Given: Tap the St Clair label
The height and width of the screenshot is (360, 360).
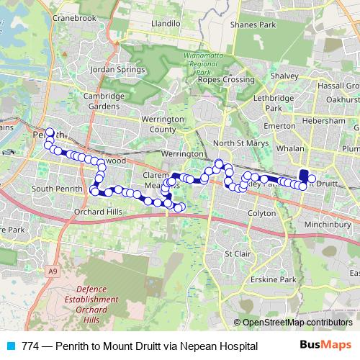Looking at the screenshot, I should pyautogui.click(x=237, y=253).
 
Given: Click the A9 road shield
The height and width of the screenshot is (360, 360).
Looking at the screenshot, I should pyautogui.click(x=51, y=271).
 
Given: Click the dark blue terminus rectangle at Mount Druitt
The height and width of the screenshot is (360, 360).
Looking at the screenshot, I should pyautogui.click(x=304, y=157).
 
